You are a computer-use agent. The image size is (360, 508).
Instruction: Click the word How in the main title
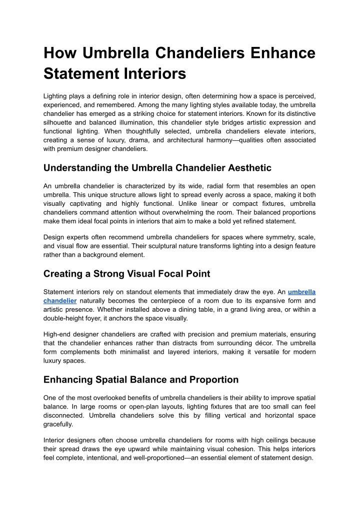pyautogui.click(x=59, y=53)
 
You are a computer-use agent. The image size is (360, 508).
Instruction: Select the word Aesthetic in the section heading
pyautogui.click(x=246, y=167)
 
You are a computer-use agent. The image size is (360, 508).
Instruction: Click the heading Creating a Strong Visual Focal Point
pyautogui.click(x=126, y=273)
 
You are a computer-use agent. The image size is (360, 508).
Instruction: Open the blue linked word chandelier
pyautogui.click(x=60, y=301)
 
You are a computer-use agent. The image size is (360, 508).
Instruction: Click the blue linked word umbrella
pyautogui.click(x=302, y=292)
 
